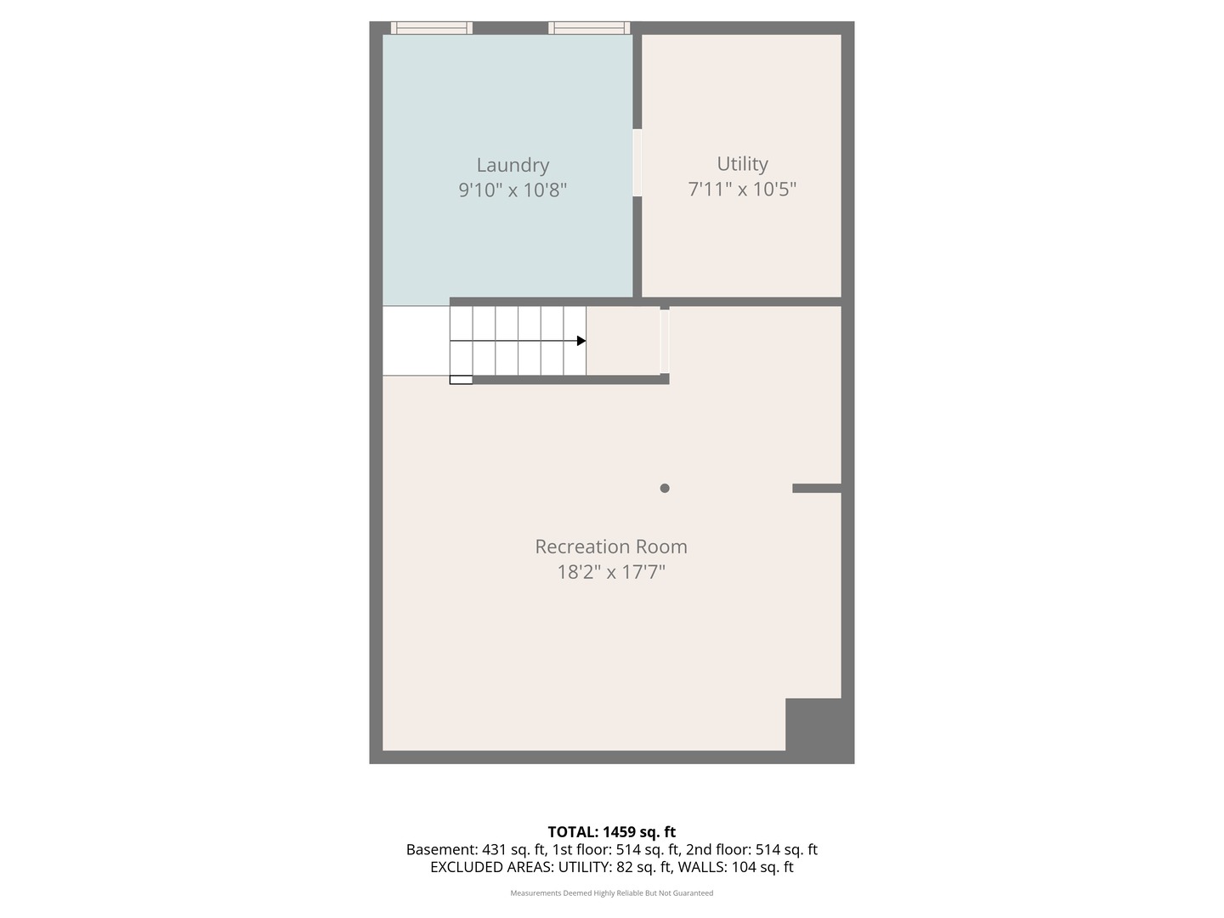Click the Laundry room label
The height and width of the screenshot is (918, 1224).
pyautogui.click(x=513, y=165)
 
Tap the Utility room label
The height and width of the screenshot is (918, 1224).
pyautogui.click(x=742, y=164)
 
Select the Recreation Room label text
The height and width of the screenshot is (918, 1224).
pyautogui.click(x=610, y=547)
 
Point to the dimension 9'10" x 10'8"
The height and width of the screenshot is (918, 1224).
pyautogui.click(x=513, y=190)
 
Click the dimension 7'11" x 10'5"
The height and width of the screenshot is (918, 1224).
pyautogui.click(x=742, y=189)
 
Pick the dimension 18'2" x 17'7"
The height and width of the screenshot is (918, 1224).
pyautogui.click(x=611, y=572)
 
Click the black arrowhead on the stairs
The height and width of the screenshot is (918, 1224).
pyautogui.click(x=581, y=341)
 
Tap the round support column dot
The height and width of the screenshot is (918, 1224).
pyautogui.click(x=665, y=488)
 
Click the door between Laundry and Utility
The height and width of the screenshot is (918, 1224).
pyautogui.click(x=637, y=162)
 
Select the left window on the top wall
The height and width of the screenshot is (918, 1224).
pyautogui.click(x=432, y=28)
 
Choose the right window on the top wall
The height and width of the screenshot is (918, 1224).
pyautogui.click(x=589, y=28)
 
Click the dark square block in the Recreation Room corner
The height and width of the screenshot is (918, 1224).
pyautogui.click(x=813, y=724)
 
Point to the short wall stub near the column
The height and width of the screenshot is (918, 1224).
pyautogui.click(x=817, y=488)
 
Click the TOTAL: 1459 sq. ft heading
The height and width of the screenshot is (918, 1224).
pyautogui.click(x=612, y=832)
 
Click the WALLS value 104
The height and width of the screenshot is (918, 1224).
pyautogui.click(x=743, y=867)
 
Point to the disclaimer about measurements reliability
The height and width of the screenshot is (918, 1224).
pyautogui.click(x=612, y=892)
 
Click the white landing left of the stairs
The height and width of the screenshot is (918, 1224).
pyautogui.click(x=416, y=341)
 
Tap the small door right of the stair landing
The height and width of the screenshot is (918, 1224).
pyautogui.click(x=665, y=341)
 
